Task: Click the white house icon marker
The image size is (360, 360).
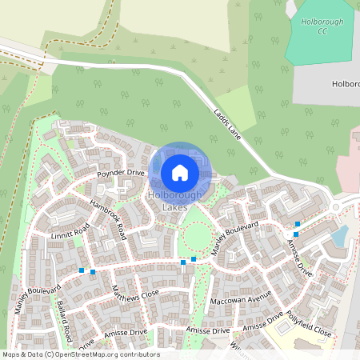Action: coord(180,172)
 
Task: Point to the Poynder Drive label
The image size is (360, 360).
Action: coord(121,173)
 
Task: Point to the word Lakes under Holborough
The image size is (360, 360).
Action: coord(174,208)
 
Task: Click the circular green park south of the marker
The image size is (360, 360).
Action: coord(197,235)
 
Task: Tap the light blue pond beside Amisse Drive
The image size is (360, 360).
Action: coord(341,236)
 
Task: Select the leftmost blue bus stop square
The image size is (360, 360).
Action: coord(82,270)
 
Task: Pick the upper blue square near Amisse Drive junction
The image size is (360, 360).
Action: coord(298,224)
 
